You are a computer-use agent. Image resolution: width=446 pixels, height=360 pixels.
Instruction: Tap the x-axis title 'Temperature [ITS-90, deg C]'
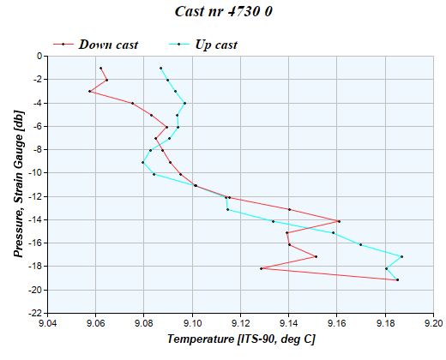point(241,340)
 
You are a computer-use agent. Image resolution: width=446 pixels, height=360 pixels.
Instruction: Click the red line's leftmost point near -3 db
point(89,91)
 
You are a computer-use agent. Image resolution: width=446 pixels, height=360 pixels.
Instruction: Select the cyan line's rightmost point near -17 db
point(401,256)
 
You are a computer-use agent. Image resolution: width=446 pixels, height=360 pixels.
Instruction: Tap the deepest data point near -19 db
point(397,279)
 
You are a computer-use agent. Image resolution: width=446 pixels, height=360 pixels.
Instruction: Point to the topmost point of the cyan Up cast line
point(160,68)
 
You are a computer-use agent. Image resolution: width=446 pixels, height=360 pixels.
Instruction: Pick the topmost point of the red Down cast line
point(100,68)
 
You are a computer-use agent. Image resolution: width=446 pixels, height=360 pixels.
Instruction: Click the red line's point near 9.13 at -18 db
point(261,268)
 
